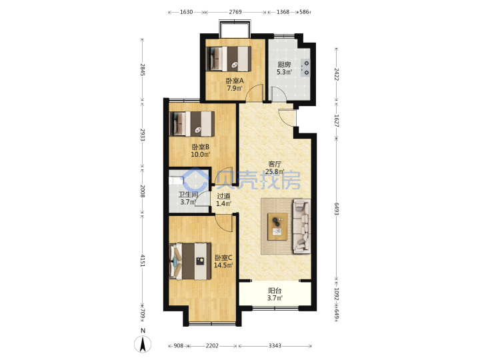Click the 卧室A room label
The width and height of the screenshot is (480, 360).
click(235, 81)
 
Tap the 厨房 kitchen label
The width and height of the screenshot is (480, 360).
click(284, 65)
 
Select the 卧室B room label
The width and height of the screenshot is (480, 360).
click(201, 147)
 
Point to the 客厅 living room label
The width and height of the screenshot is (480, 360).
click(275, 164)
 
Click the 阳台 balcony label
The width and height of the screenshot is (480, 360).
click(275, 291)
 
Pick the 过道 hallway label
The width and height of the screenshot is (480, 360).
click(223, 196)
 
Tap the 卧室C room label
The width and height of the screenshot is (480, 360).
click(223, 258)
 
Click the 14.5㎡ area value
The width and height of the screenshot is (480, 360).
click(223, 265)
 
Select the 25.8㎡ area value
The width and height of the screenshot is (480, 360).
click(275, 171)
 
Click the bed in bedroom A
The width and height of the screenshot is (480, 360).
click(229, 59)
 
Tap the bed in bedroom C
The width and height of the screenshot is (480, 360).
click(190, 261)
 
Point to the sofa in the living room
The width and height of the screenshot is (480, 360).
click(302, 226)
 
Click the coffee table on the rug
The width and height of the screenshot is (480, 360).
click(277, 227)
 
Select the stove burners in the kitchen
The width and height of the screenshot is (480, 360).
click(306, 68)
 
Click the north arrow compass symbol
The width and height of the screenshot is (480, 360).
click(143, 343)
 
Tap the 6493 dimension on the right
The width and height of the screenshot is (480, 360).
click(337, 209)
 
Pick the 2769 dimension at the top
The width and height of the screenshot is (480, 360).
click(235, 12)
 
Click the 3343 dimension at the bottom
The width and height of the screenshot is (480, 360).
click(275, 346)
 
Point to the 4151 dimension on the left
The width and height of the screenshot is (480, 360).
click(142, 260)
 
